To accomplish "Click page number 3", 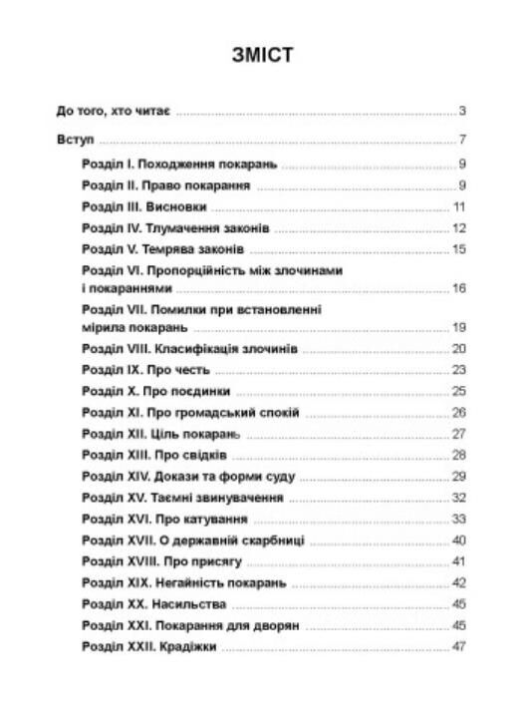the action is (x=463, y=112).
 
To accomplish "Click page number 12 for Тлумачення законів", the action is (x=459, y=227).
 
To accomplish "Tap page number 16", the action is (x=459, y=288).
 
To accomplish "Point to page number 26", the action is (x=459, y=412).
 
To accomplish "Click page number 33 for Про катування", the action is (x=459, y=519).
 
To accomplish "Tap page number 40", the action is (x=459, y=540).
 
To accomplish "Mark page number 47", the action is (x=459, y=647).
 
